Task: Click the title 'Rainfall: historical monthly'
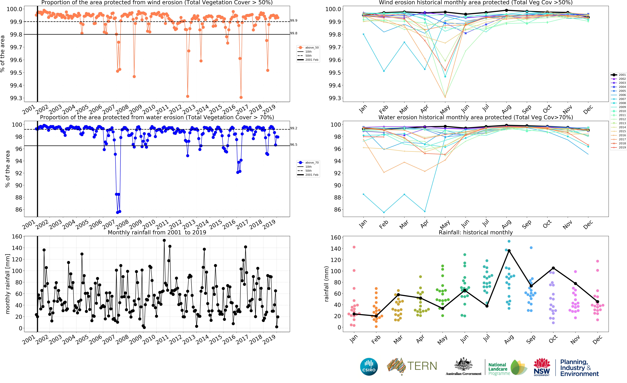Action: (476, 232)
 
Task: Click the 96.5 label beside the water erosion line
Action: (294, 145)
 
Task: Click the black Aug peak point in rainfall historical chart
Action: (509, 251)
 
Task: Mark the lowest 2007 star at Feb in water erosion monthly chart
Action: (384, 212)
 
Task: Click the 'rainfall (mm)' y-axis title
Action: (326, 284)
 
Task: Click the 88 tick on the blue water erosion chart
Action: (19, 197)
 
